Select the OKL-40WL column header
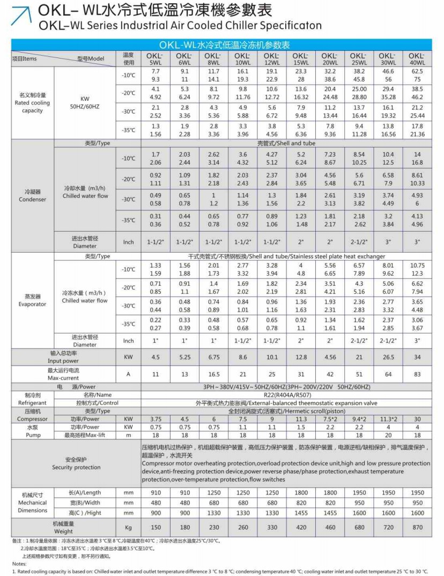[x=417, y=59]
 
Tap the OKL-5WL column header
[x=156, y=59]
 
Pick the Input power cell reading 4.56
[x=330, y=357]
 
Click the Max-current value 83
[x=417, y=374]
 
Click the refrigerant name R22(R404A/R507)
[x=286, y=395]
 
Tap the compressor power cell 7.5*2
[x=330, y=419]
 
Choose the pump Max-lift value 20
[x=388, y=435]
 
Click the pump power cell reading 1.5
[x=301, y=427]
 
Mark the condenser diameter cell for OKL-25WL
[x=359, y=242]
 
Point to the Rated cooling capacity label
[x=32, y=103]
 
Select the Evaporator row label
[x=32, y=300]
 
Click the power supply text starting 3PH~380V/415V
[x=286, y=387]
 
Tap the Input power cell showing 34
[x=417, y=357]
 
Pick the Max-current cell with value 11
[x=156, y=374]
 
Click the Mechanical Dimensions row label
[x=32, y=503]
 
